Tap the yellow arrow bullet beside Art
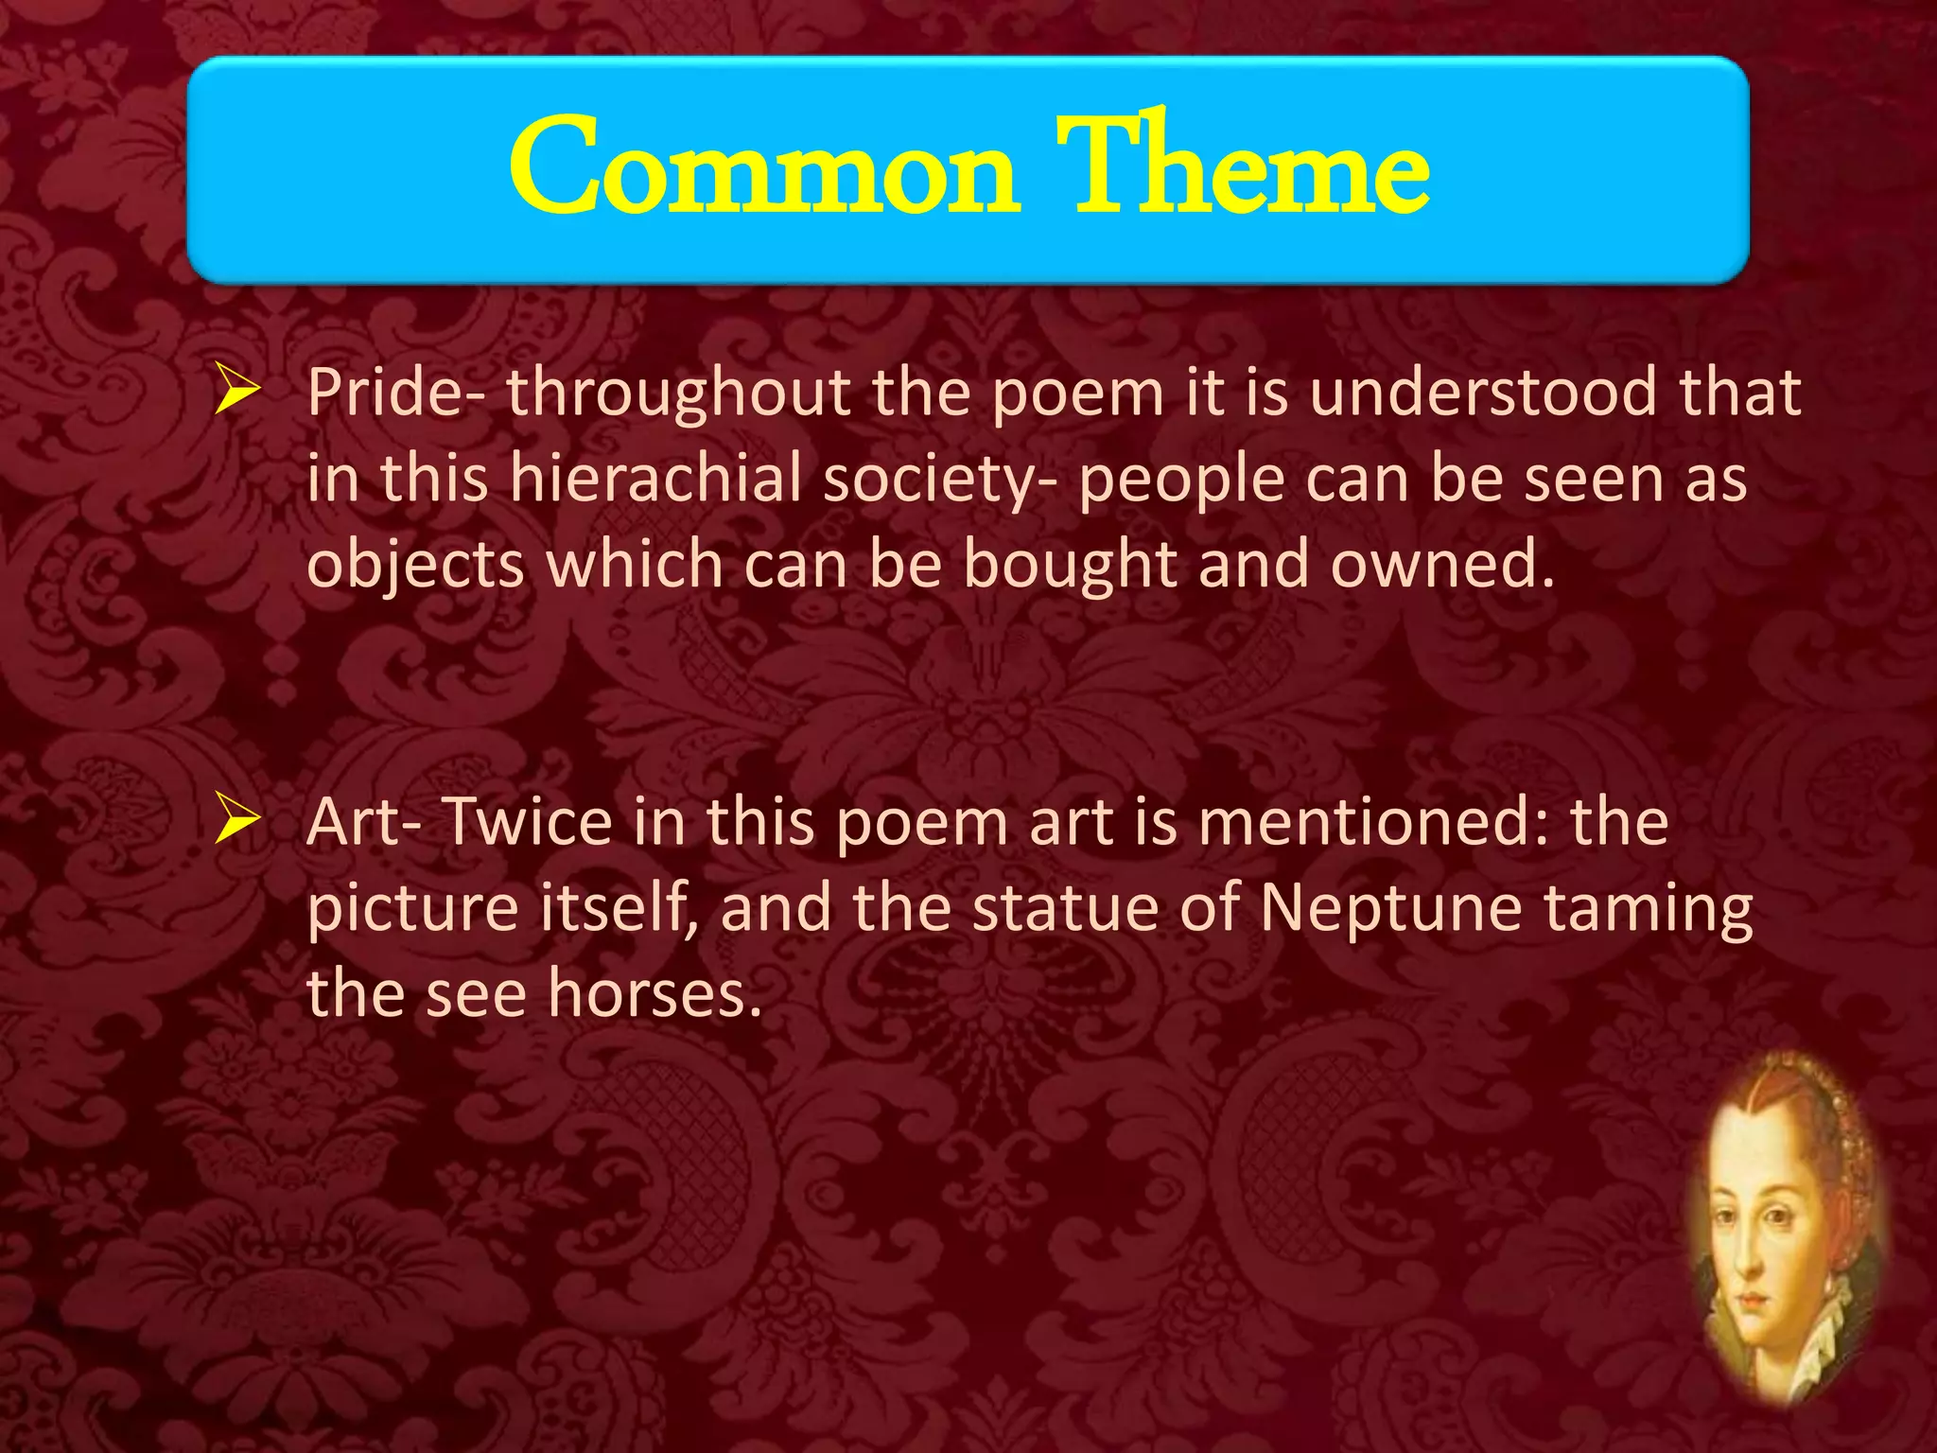point(236,819)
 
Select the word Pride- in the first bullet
point(396,392)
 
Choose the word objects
point(416,565)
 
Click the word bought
point(1070,565)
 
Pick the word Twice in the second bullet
point(527,821)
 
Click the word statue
point(1065,908)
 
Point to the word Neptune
point(1390,908)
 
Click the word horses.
point(654,994)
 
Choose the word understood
point(1483,392)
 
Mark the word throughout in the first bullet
point(677,394)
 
